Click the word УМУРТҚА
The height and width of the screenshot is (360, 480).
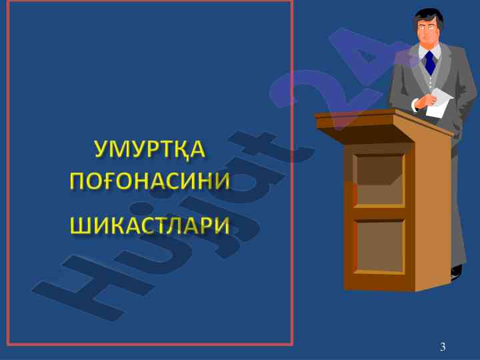click(x=150, y=149)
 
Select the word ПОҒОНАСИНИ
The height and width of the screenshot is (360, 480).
click(x=150, y=180)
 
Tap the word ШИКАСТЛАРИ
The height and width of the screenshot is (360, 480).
click(x=150, y=225)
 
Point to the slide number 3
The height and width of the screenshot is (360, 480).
click(x=443, y=347)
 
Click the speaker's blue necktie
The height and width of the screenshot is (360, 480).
click(x=430, y=63)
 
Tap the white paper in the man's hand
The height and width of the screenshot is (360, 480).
click(x=439, y=103)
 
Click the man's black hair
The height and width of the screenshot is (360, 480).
click(x=428, y=17)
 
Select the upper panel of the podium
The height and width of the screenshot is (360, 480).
click(x=379, y=179)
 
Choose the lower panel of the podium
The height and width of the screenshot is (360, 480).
click(x=379, y=246)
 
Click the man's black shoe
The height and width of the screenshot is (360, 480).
click(x=456, y=271)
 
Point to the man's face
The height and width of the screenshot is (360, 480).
click(x=427, y=30)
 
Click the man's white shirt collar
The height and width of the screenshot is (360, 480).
click(x=429, y=51)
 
